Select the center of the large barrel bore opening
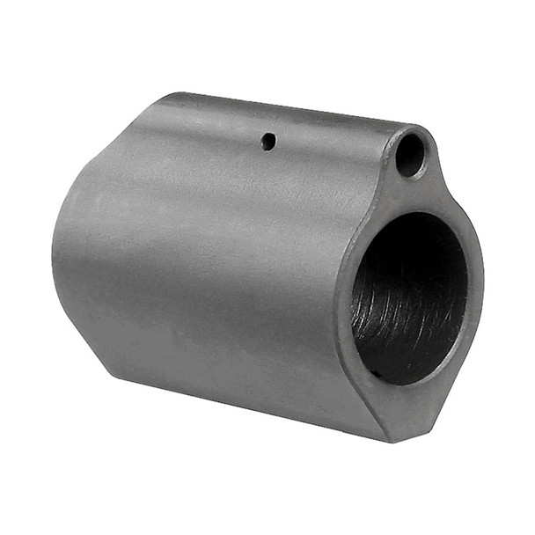click(408, 296)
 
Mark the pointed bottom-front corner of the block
click(388, 440)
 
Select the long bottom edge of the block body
click(246, 409)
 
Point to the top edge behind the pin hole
click(220, 100)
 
